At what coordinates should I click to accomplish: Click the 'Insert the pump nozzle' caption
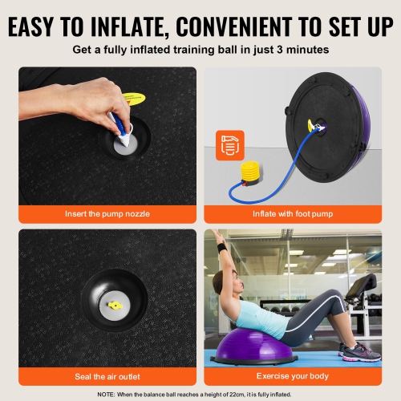107,214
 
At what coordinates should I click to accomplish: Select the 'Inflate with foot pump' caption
294,214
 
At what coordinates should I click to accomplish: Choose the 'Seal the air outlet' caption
107,375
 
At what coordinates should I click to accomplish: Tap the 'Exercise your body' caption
294,375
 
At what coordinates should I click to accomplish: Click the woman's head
222,283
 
